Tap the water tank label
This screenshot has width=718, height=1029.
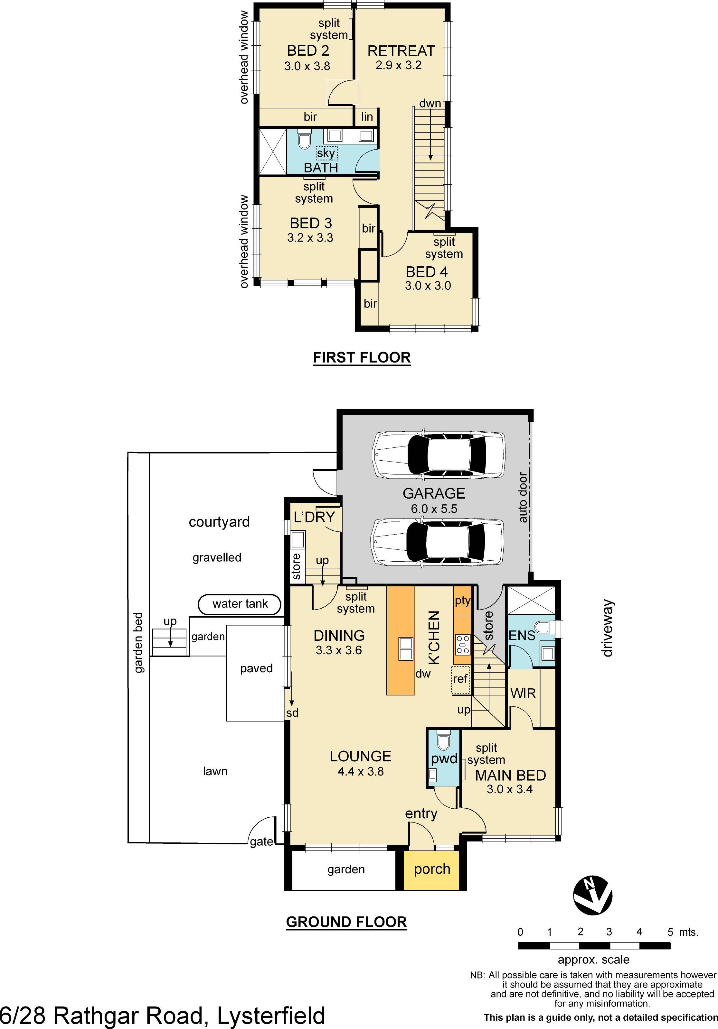tap(240, 604)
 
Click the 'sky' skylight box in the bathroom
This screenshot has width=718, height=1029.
tap(326, 154)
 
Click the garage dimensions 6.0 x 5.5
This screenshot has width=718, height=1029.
tap(434, 508)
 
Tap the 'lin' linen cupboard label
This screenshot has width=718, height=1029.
tap(367, 117)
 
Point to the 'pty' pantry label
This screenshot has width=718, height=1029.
tap(462, 601)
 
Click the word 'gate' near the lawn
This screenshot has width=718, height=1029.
tap(261, 842)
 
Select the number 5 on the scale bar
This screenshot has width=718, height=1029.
tap(670, 932)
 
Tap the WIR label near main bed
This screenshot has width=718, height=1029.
tap(523, 693)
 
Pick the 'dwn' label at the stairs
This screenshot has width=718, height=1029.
tap(430, 104)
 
